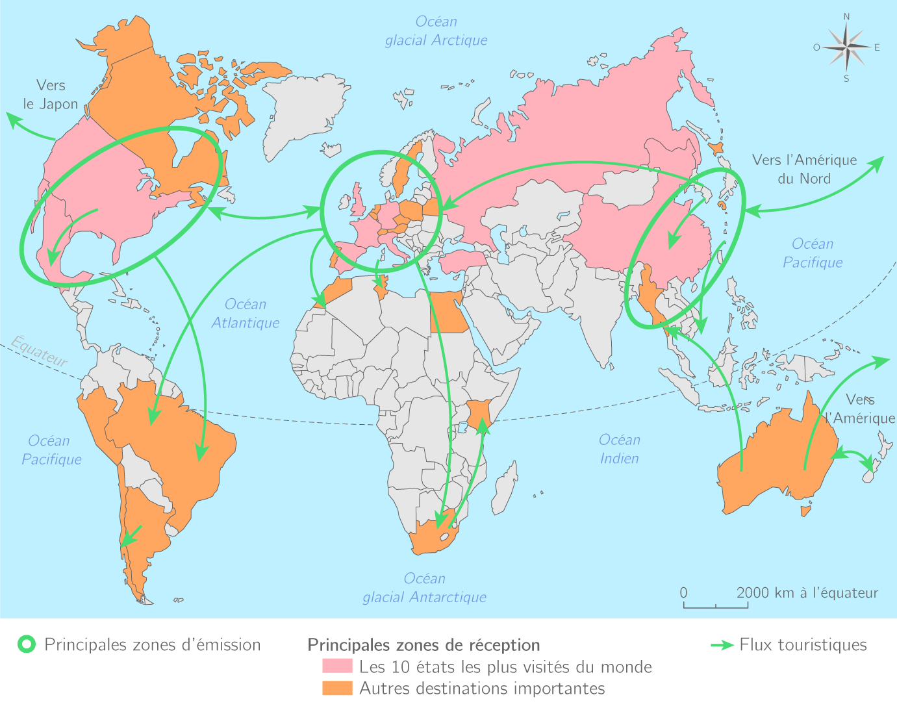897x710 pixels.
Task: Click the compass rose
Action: pos(846,47)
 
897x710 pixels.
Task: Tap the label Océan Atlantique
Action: pos(245,313)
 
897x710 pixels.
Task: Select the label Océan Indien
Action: pos(619,449)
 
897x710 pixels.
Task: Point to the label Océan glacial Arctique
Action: pos(436,31)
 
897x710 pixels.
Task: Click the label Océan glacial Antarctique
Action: pos(424,588)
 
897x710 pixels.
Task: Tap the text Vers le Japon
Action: pos(51,94)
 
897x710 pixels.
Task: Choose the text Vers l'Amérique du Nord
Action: pos(804,169)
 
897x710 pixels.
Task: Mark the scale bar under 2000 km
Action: pos(715,605)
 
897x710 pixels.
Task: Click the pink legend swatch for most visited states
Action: pos(337,666)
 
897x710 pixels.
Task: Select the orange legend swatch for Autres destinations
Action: pos(337,688)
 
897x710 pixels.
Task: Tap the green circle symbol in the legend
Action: pos(27,645)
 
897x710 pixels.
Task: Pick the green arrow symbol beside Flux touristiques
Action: pos(722,645)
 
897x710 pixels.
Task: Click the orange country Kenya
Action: pos(479,416)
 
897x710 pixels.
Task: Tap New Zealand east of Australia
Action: pos(874,464)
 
